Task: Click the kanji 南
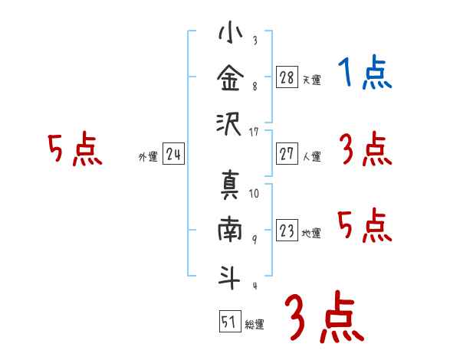coord(230,231)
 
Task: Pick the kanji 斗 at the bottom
coord(230,276)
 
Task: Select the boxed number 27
coord(286,154)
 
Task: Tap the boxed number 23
coord(286,231)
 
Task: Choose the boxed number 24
coord(173,154)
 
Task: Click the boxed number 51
coord(228,322)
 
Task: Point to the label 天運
coord(311,80)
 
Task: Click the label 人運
coord(311,157)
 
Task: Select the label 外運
coord(148,157)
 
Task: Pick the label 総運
coord(255,325)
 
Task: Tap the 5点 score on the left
coord(74,149)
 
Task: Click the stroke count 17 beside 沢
coord(254,132)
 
